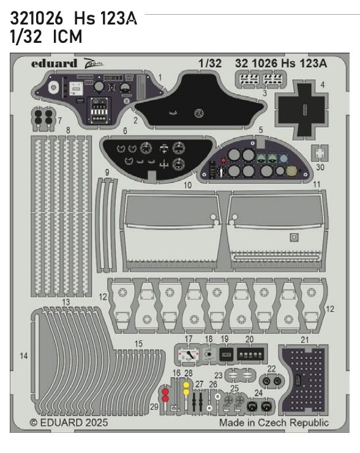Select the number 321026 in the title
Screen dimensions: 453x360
[x=34, y=20]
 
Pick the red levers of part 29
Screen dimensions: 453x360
[x=165, y=395]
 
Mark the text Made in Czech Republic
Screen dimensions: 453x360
[x=274, y=423]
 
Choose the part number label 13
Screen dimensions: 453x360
[x=66, y=302]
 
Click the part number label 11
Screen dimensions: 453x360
[x=316, y=184]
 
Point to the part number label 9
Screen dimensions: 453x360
[x=107, y=173]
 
